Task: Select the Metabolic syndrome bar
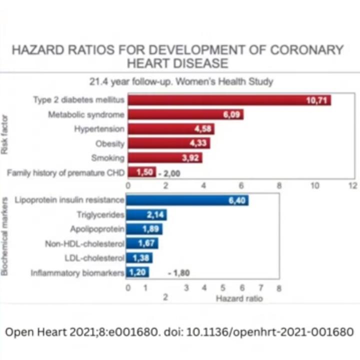pyautogui.click(x=185, y=114)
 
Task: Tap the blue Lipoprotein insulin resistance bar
pyautogui.click(x=187, y=200)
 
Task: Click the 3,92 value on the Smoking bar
pyautogui.click(x=192, y=158)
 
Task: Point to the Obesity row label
pyautogui.click(x=110, y=143)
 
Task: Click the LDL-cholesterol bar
pyautogui.click(x=139, y=258)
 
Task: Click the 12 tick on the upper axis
pyautogui.click(x=352, y=185)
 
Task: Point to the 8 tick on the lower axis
pyautogui.click(x=279, y=288)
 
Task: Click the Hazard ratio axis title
pyautogui.click(x=239, y=298)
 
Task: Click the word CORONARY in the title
pyautogui.click(x=306, y=50)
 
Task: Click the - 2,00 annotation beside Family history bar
pyautogui.click(x=169, y=173)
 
